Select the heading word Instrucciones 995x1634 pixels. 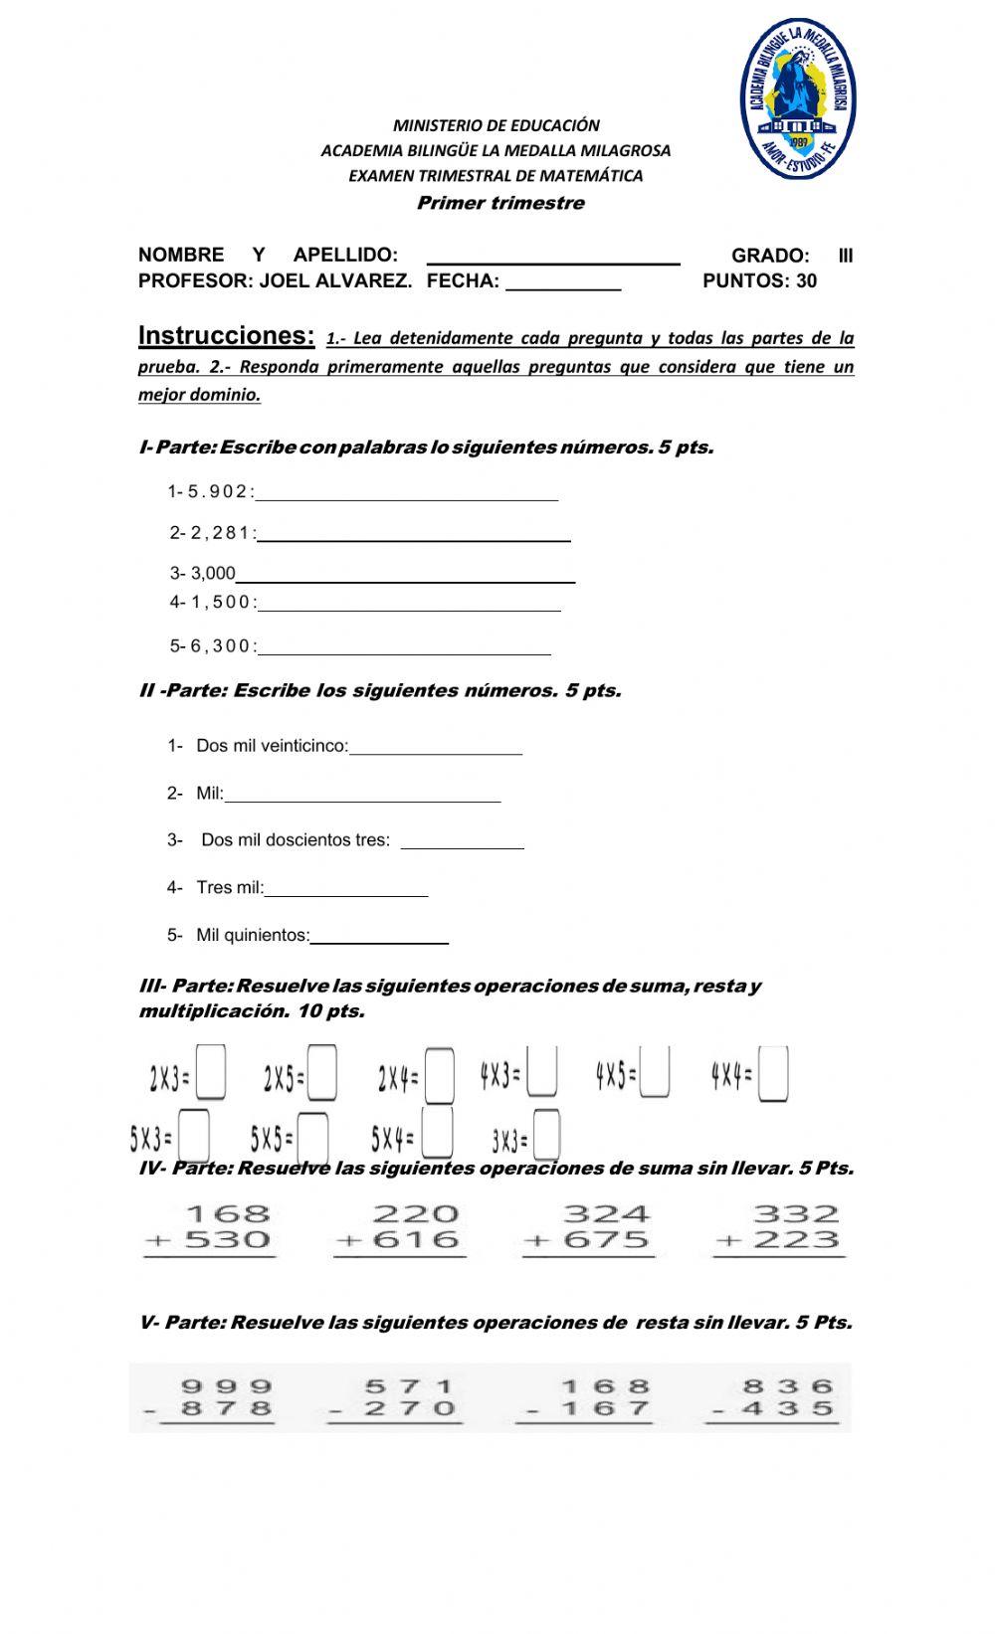(x=227, y=335)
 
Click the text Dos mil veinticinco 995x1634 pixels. (x=272, y=746)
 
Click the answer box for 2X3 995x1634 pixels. (x=211, y=1072)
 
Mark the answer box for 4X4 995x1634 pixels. (x=773, y=1074)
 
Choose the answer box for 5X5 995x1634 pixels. (x=313, y=1137)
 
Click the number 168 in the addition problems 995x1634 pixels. (x=228, y=1214)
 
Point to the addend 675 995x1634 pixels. (x=606, y=1240)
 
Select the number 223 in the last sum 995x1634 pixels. (x=796, y=1240)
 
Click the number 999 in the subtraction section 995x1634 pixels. (x=226, y=1385)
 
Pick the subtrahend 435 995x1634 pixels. (x=787, y=1408)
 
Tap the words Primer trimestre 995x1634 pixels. (x=500, y=204)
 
